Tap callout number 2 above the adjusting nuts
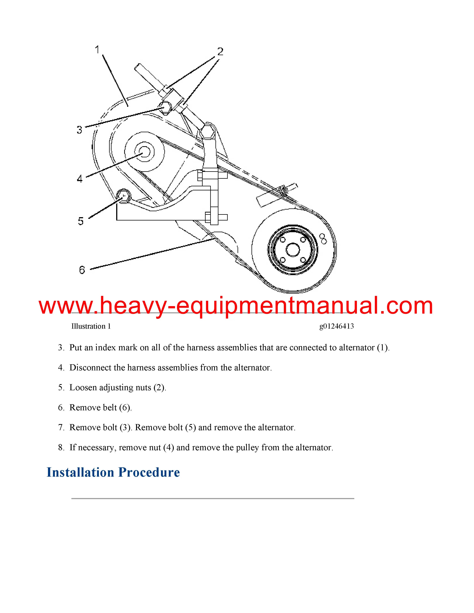point(220,52)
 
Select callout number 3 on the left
point(80,130)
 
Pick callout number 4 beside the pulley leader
point(80,179)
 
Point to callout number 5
point(81,221)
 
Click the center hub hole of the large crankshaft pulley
point(293,249)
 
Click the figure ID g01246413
point(336,326)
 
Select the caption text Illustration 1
point(91,326)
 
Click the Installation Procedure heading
point(113,472)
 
